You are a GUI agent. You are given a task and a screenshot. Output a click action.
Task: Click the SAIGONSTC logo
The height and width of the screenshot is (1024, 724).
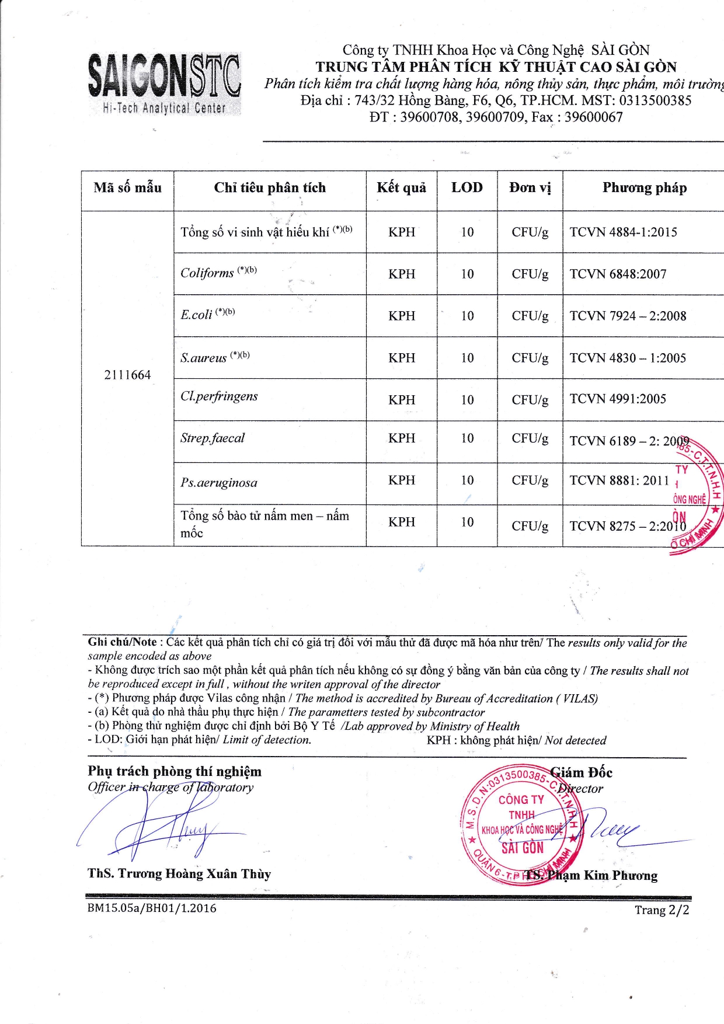pyautogui.click(x=163, y=83)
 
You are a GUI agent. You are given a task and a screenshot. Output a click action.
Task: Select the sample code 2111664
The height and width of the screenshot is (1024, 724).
pyautogui.click(x=127, y=375)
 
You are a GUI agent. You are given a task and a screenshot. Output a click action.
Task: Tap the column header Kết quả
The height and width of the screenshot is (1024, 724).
pyautogui.click(x=401, y=187)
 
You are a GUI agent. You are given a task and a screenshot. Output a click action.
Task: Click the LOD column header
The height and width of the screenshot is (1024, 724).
pyautogui.click(x=467, y=187)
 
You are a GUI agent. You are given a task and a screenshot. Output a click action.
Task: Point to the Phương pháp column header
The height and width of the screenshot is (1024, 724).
pyautogui.click(x=644, y=187)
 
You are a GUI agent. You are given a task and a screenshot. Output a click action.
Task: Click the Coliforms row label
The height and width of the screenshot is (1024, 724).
pyautogui.click(x=207, y=273)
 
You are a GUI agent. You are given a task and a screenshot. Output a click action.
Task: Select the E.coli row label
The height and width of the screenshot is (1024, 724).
pyautogui.click(x=196, y=315)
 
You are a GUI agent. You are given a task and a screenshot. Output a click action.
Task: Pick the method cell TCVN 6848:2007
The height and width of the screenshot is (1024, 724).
pyautogui.click(x=618, y=274)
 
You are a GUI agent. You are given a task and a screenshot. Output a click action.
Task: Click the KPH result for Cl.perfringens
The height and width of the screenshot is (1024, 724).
pyautogui.click(x=402, y=400)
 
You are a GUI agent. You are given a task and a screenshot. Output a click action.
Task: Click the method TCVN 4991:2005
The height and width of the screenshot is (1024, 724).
pyautogui.click(x=618, y=399)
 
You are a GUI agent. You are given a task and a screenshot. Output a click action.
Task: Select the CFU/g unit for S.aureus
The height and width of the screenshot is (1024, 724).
pyautogui.click(x=530, y=358)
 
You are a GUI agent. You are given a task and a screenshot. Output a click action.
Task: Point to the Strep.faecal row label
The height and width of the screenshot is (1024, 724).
pyautogui.click(x=213, y=438)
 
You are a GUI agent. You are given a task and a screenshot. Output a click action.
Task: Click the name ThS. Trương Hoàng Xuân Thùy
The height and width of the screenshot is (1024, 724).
pyautogui.click(x=179, y=873)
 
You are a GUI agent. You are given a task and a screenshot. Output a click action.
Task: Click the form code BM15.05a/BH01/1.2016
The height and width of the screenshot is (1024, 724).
pyautogui.click(x=152, y=908)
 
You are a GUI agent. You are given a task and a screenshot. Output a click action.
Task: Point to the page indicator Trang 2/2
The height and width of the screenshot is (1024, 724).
pyautogui.click(x=662, y=910)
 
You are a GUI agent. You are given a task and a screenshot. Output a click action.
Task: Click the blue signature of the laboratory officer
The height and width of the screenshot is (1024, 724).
pyautogui.click(x=163, y=829)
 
